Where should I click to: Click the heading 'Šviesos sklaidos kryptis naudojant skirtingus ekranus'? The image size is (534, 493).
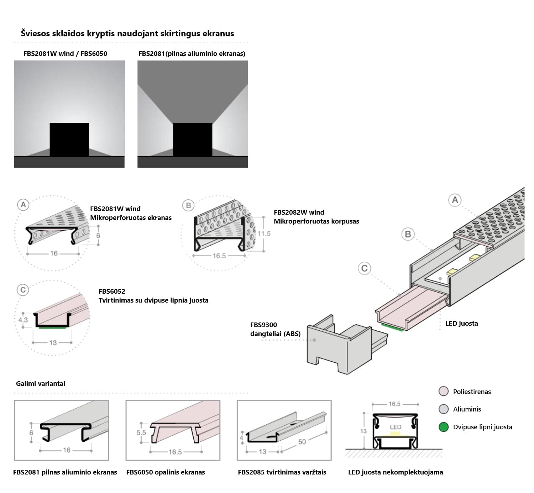tap(127, 33)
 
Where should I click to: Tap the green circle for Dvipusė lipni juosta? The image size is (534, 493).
tap(443, 427)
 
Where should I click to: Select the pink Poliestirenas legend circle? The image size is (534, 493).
tap(443, 391)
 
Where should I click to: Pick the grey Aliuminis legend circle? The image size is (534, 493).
tap(443, 409)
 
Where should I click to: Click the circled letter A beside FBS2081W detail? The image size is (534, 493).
tap(23, 205)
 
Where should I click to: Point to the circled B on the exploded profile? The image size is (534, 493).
tap(408, 234)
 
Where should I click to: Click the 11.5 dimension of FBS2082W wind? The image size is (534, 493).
tap(264, 234)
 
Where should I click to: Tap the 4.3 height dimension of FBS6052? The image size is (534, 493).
tap(23, 320)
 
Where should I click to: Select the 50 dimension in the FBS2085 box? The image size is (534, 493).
tap(302, 442)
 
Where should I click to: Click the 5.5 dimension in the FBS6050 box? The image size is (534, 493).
tap(141, 432)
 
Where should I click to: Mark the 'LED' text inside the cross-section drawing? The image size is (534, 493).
tap(396, 427)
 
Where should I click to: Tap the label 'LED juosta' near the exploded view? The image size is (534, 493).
tap(461, 323)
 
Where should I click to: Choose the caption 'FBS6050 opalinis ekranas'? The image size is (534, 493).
tap(166, 472)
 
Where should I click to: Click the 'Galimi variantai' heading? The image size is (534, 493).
tap(41, 383)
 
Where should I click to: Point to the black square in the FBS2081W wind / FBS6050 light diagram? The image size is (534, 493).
tap(69, 139)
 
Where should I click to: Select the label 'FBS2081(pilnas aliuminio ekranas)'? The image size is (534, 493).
tap(192, 53)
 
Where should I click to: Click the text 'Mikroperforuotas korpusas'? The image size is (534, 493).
tap(316, 221)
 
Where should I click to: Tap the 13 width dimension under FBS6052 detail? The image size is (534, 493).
tap(53, 342)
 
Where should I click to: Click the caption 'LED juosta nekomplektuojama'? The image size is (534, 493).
tap(396, 472)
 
